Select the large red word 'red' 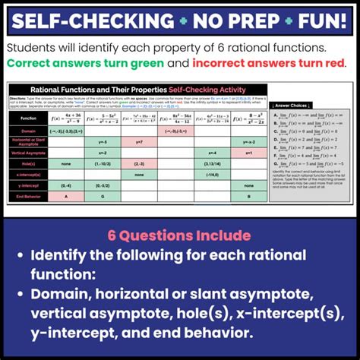point(330,62)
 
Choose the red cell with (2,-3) point(138,163)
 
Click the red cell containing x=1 point(248,152)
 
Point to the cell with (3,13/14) point(212,163)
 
